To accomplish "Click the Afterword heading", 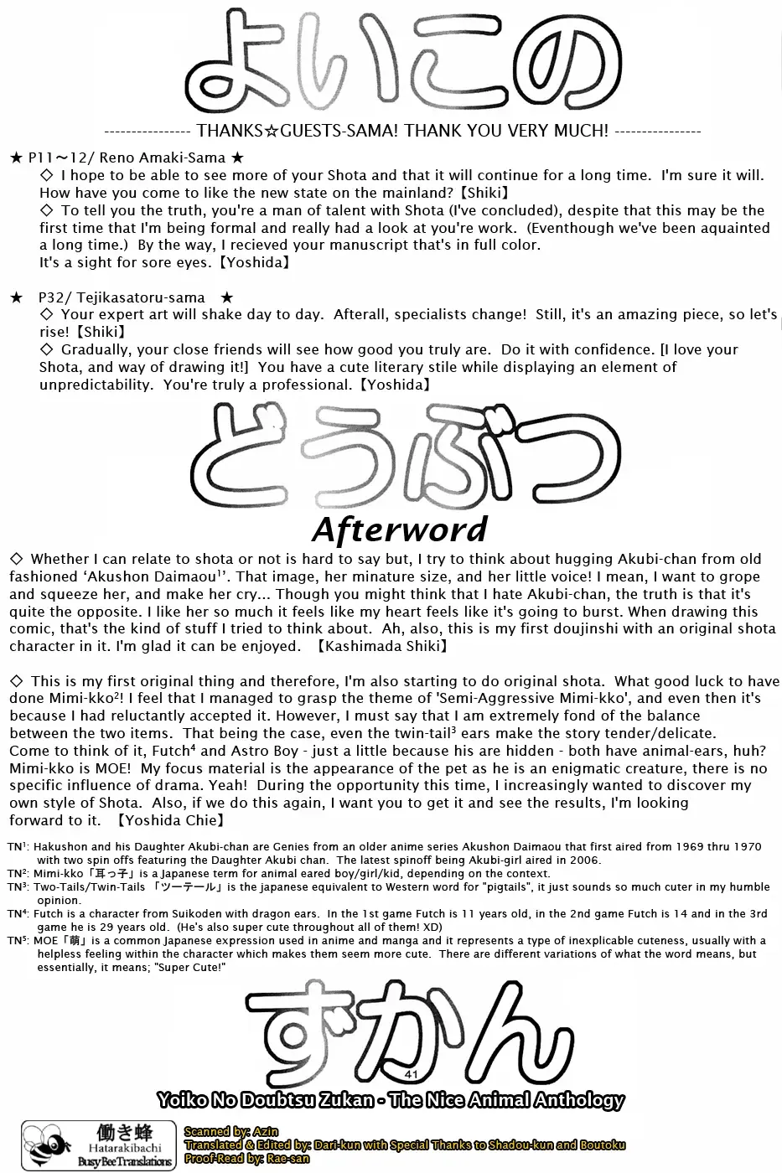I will tap(399, 529).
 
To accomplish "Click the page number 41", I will tap(410, 1073).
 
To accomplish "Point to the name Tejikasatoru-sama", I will tap(146, 297).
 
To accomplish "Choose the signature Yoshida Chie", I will tap(163, 820).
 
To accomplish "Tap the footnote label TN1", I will tap(18, 847).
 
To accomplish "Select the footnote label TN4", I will tap(18, 914).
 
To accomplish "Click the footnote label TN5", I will tap(18, 941).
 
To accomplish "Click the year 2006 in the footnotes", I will tap(585, 860).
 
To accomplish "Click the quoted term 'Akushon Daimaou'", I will tap(158, 576).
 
